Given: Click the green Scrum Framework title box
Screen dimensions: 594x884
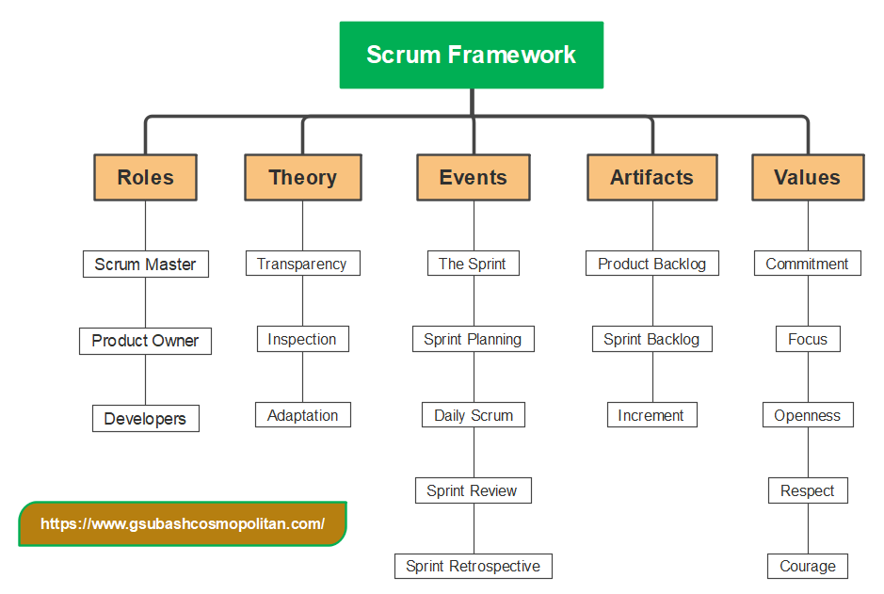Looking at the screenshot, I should (471, 55).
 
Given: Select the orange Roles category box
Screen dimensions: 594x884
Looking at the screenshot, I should (145, 177).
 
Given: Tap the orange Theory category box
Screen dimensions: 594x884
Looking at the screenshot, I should (302, 177).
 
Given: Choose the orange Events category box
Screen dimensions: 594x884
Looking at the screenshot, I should (473, 177).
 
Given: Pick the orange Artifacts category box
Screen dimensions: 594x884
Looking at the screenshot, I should (651, 177).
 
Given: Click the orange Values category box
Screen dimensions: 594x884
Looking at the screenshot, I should (807, 177).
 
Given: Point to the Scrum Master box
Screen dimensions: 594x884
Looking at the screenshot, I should (145, 265).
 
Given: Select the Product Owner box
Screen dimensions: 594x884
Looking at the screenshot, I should (145, 341).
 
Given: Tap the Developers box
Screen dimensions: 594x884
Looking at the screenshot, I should (145, 419).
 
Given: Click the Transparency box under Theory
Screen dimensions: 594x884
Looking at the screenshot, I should (302, 264).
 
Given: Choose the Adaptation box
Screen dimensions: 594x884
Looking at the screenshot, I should (302, 415).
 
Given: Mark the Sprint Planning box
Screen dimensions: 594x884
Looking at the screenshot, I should (473, 339).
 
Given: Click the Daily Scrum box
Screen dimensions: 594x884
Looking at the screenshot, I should (473, 415).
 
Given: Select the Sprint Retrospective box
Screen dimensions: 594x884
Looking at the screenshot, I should (473, 566).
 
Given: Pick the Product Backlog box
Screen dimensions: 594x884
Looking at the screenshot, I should (651, 264).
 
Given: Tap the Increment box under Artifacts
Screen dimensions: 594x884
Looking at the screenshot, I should (651, 415).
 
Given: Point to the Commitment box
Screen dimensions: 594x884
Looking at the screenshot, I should (807, 264).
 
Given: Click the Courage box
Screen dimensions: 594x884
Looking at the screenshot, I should (807, 566).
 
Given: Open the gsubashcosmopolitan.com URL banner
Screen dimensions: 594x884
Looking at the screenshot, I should (183, 524).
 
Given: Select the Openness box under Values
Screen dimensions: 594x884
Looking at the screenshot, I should (807, 415).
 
